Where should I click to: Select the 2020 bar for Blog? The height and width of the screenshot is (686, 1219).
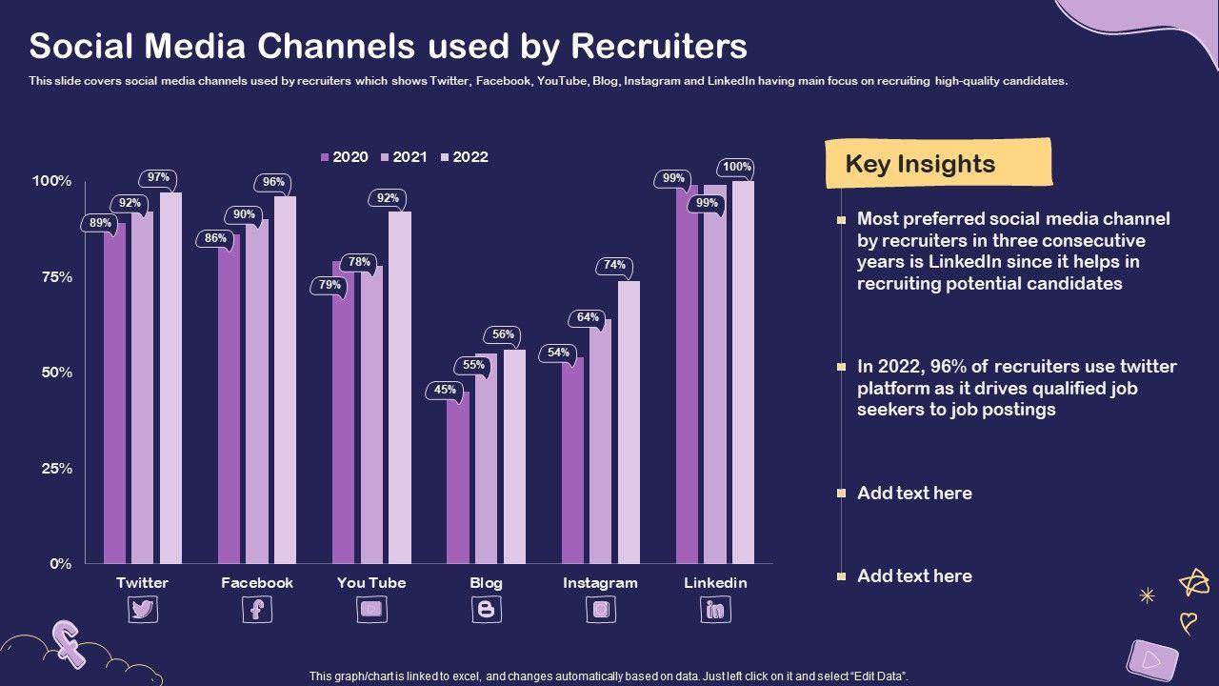point(458,476)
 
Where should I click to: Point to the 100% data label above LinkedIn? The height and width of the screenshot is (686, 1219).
point(736,168)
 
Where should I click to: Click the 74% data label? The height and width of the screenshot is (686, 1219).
point(614,266)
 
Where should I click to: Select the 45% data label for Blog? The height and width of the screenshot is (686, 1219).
point(444,390)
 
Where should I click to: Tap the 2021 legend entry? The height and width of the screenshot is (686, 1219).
point(404,157)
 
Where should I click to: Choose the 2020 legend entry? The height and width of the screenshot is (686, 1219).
point(344,157)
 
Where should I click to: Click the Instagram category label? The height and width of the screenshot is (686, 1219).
point(600,583)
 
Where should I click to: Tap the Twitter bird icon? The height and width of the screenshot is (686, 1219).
point(143,610)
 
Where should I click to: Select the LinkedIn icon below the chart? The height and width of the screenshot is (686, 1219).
point(715,610)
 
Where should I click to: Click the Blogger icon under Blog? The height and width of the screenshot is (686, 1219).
point(486,610)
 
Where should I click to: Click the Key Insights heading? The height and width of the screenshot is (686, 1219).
point(920,164)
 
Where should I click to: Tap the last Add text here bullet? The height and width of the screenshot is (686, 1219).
point(914,575)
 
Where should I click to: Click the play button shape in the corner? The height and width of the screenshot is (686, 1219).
point(1151,658)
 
